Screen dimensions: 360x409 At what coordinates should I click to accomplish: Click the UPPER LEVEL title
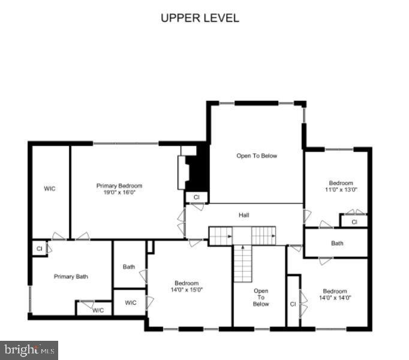(200, 18)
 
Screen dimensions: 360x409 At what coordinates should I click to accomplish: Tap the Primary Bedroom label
(119, 186)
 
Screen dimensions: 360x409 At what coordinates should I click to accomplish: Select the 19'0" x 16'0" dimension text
(119, 193)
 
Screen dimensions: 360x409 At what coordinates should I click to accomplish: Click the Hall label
(243, 215)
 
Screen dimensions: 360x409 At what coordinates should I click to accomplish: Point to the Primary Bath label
(71, 277)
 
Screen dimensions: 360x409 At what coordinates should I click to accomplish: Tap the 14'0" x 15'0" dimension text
(187, 290)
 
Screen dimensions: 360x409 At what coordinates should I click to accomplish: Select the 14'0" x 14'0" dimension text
(335, 297)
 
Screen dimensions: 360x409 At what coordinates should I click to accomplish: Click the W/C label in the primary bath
(98, 310)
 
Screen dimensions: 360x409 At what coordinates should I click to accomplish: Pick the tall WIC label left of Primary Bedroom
(50, 189)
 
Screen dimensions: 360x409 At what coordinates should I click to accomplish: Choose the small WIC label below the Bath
(131, 303)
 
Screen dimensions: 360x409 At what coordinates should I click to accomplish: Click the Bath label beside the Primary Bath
(129, 267)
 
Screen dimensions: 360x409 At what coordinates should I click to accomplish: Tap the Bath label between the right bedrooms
(337, 244)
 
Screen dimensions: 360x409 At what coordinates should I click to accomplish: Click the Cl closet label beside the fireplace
(196, 197)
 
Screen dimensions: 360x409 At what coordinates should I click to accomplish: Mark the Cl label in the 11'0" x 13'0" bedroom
(354, 222)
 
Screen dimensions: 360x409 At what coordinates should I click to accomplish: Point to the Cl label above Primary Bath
(39, 248)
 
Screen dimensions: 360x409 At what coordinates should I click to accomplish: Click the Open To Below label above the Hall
(257, 156)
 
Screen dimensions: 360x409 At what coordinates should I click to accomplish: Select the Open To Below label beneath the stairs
(261, 297)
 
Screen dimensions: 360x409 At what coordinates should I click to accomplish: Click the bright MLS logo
(29, 349)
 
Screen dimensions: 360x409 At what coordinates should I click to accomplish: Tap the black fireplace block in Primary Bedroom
(197, 172)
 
